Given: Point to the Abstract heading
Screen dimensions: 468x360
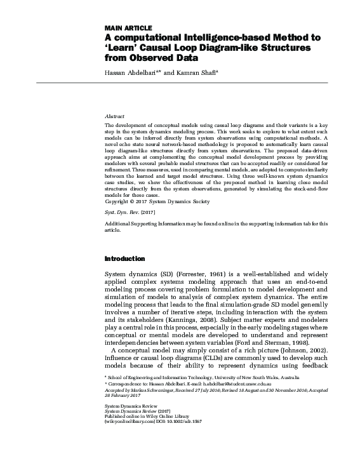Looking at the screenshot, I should coord(114,117).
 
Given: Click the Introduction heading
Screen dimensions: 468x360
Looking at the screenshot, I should coord(124,258).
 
